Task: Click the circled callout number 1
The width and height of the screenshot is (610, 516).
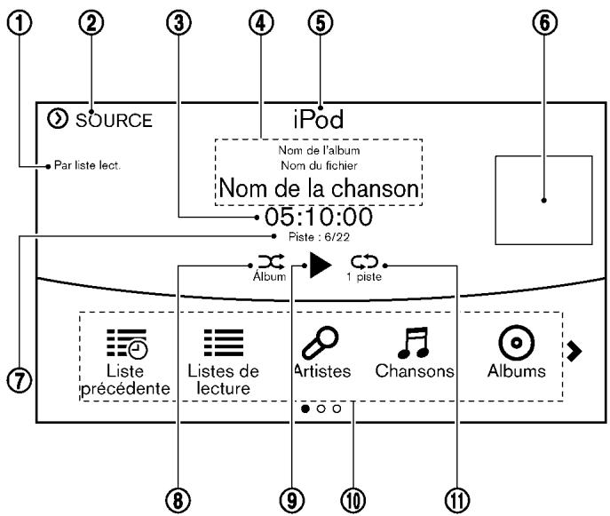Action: click(20, 22)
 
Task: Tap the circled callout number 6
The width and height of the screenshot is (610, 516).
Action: click(544, 22)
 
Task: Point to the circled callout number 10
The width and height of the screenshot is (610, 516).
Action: click(353, 500)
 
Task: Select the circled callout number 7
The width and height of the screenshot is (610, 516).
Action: click(19, 380)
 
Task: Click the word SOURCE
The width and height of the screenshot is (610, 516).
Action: click(114, 121)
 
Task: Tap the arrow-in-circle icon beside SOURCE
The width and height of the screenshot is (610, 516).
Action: click(58, 118)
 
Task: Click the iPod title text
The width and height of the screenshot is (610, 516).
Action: click(319, 119)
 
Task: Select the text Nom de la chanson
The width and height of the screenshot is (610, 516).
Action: click(319, 188)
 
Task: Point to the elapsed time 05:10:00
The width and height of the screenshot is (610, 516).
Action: click(319, 217)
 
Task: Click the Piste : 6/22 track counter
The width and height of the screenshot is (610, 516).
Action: click(319, 237)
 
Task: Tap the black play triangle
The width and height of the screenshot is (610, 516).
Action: click(321, 265)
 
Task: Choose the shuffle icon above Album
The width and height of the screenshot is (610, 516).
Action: click(272, 262)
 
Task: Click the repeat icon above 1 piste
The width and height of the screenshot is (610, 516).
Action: click(365, 262)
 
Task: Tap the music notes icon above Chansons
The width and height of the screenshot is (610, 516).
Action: click(413, 343)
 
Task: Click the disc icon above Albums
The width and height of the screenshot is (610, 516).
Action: click(516, 343)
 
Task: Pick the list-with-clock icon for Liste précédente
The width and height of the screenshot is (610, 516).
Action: click(127, 343)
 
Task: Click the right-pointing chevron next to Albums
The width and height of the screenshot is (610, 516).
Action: click(574, 351)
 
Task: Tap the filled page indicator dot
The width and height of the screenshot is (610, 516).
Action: click(305, 409)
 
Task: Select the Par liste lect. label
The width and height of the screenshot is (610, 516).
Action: click(87, 165)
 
